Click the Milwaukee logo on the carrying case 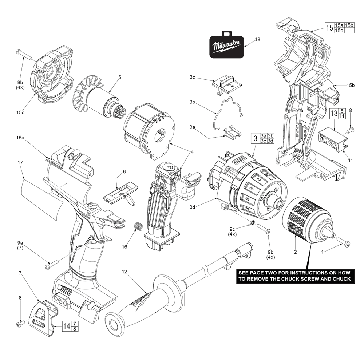coord(226,47)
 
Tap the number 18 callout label coord(257,39)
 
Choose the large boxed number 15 coord(329,28)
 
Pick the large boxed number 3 coord(256,138)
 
